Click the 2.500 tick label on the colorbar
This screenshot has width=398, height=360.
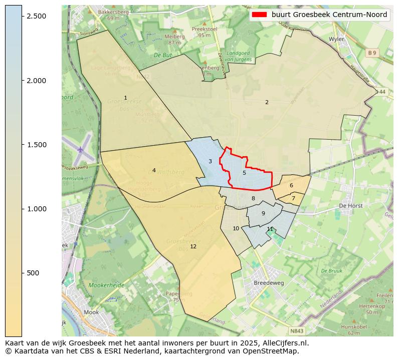pyautogui.click(x=37, y=16)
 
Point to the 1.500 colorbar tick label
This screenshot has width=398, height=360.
pyautogui.click(x=37, y=145)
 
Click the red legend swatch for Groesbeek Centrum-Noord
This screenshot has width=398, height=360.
pyautogui.click(x=259, y=15)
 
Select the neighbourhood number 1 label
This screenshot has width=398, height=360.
pyautogui.click(x=125, y=98)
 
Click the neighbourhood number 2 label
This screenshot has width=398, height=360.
pyautogui.click(x=267, y=102)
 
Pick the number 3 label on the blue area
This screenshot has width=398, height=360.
pyautogui.click(x=210, y=161)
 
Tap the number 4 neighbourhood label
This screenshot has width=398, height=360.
pyautogui.click(x=154, y=171)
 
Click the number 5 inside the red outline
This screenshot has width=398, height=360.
pyautogui.click(x=244, y=173)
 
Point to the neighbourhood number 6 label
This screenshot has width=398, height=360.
pyautogui.click(x=291, y=186)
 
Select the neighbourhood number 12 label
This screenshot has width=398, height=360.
pyautogui.click(x=193, y=246)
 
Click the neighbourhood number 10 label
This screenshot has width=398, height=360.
pyautogui.click(x=236, y=229)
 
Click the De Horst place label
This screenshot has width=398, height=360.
pyautogui.click(x=350, y=205)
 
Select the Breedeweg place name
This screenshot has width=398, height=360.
pyautogui.click(x=269, y=282)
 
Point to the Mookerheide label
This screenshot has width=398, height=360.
pyautogui.click(x=106, y=285)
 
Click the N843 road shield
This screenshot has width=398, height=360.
pyautogui.click(x=297, y=331)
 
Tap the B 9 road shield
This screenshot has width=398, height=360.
pyautogui.click(x=371, y=53)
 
